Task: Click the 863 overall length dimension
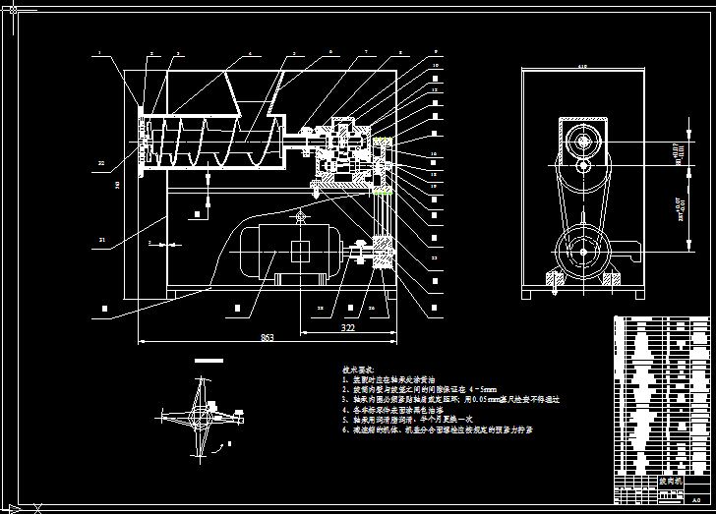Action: coord(267,338)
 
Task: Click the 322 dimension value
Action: coord(347,326)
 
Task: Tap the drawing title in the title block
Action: coord(670,483)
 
